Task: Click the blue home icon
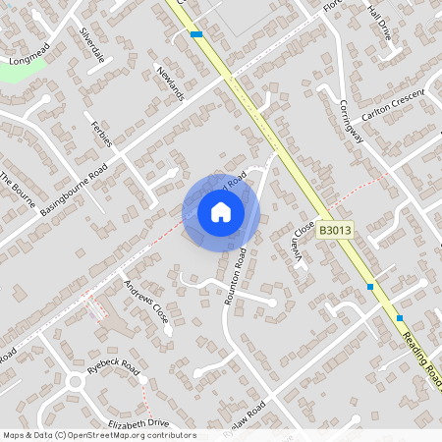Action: (x=221, y=211)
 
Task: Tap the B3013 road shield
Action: (x=335, y=229)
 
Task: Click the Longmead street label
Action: (x=28, y=60)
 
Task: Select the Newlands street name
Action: (x=170, y=83)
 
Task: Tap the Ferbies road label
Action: (x=102, y=133)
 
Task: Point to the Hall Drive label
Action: (x=378, y=21)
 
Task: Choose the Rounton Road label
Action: (x=235, y=276)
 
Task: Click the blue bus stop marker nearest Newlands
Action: (x=196, y=34)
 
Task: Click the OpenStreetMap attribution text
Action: (x=98, y=435)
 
